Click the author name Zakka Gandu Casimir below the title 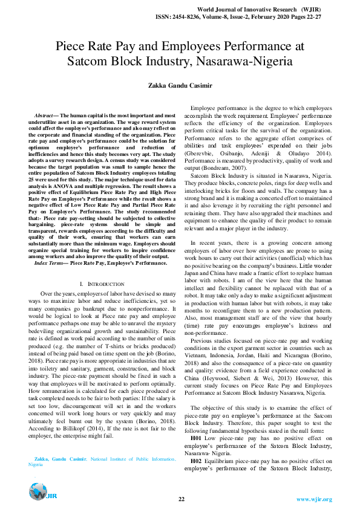point(180,86)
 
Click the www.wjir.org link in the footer point(314,499)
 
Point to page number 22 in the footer point(181,499)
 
